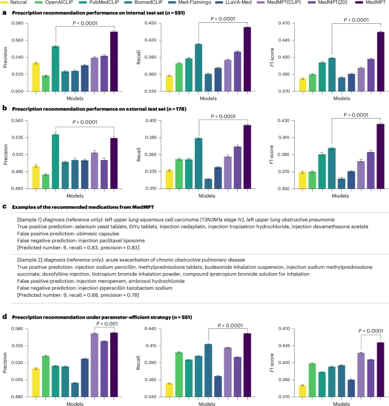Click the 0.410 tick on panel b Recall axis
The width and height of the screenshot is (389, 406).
tap(150, 121)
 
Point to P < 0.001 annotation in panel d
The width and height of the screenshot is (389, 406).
tap(104, 324)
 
